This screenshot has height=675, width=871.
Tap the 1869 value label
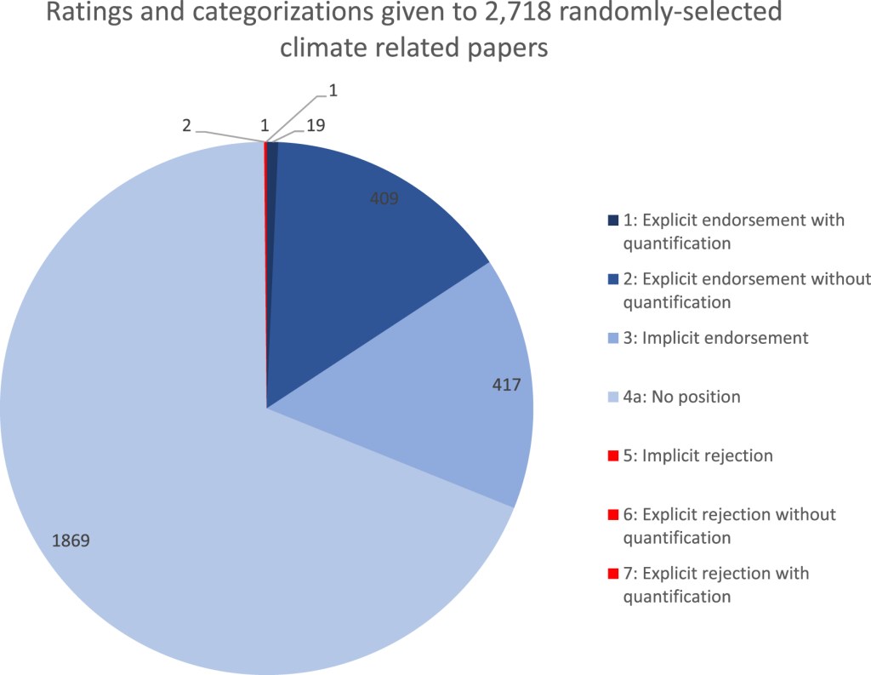pyautogui.click(x=71, y=540)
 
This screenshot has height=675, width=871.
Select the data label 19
pyautogui.click(x=316, y=125)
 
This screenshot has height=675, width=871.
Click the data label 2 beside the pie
pyautogui.click(x=185, y=124)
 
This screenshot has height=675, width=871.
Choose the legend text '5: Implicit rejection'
pyautogui.click(x=697, y=455)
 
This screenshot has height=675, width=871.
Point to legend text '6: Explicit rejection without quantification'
pyautogui.click(x=729, y=525)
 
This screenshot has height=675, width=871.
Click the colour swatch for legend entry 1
pyautogui.click(x=612, y=221)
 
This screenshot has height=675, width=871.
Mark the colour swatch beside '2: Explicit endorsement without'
pyautogui.click(x=612, y=280)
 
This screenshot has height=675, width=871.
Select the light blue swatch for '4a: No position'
pyautogui.click(x=612, y=398)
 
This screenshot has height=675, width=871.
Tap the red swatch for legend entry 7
pyautogui.click(x=612, y=574)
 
